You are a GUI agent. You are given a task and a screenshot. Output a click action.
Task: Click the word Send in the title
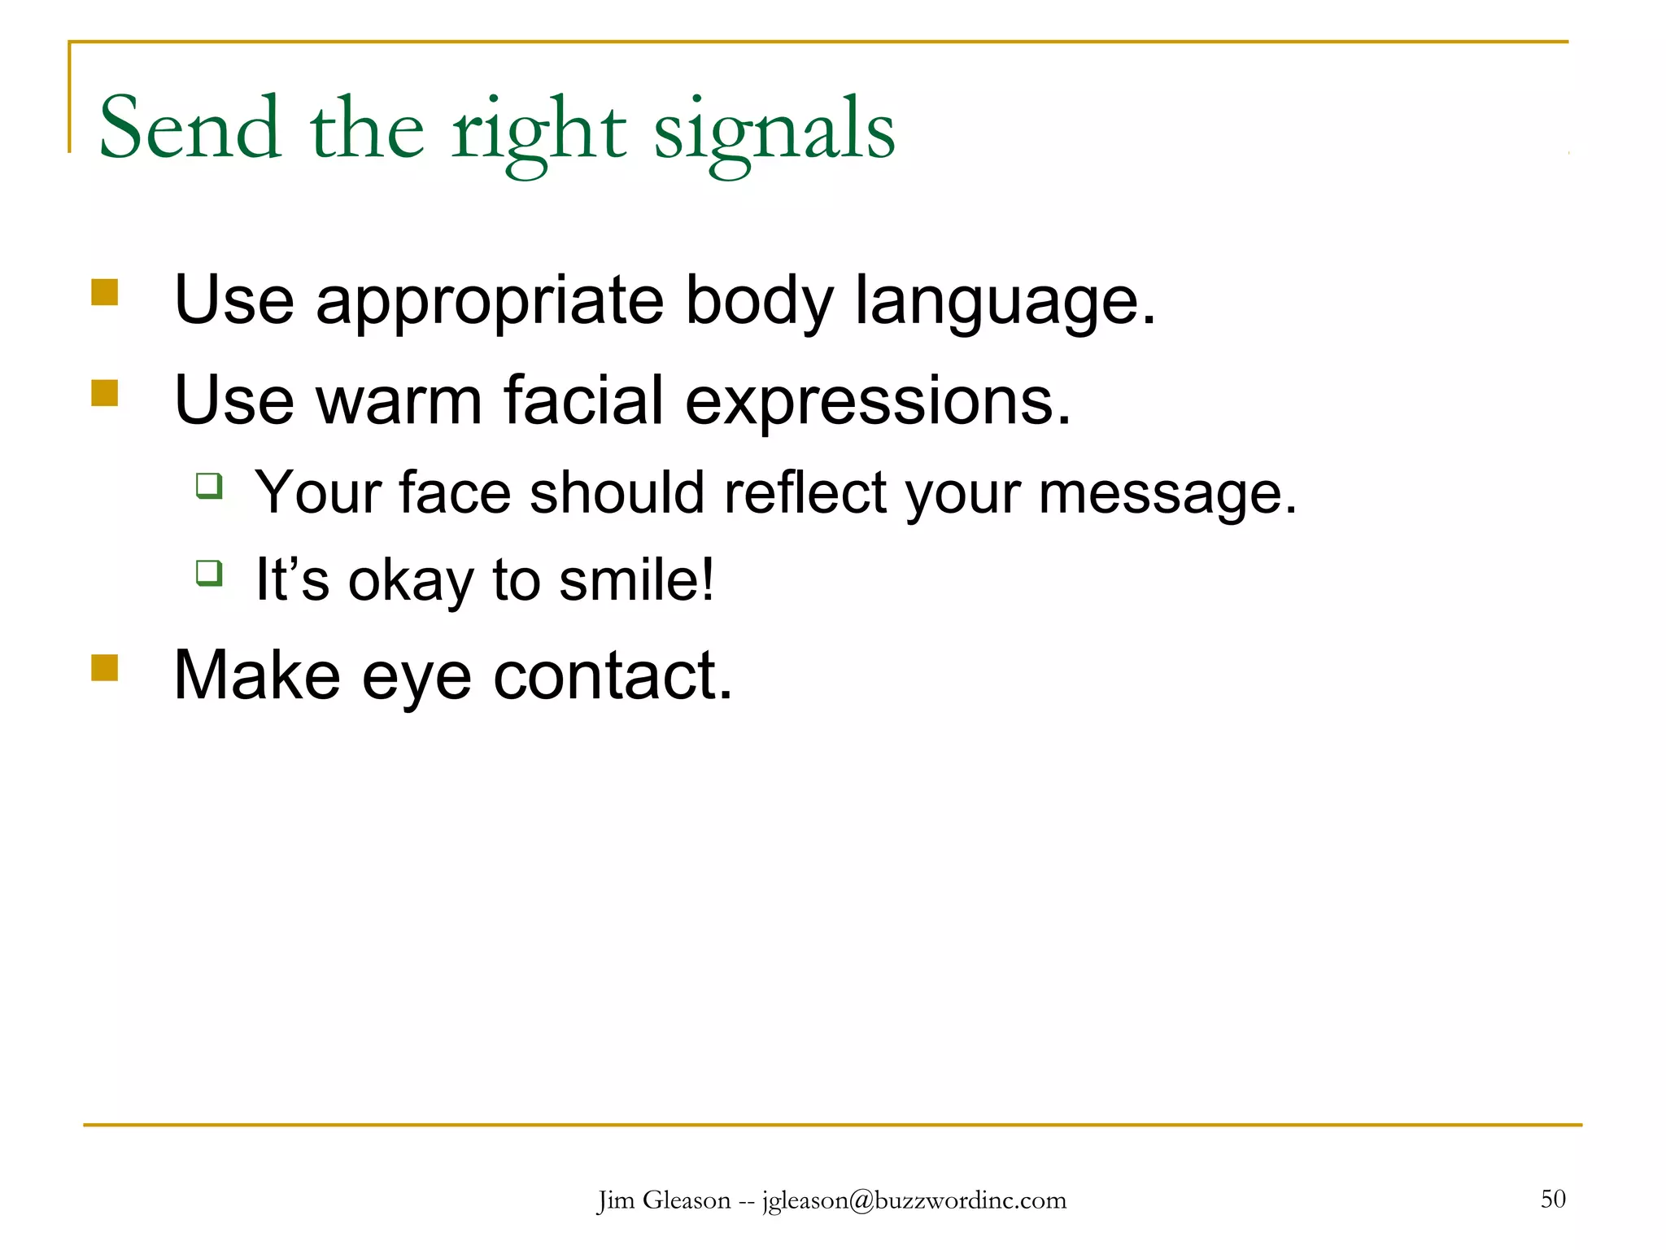pyautogui.click(x=189, y=129)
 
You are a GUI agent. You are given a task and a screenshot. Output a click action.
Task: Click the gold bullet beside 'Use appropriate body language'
pyautogui.click(x=105, y=292)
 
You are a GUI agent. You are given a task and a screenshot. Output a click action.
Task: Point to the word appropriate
pyautogui.click(x=490, y=302)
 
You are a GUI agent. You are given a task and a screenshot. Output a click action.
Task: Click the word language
pyautogui.click(x=1004, y=302)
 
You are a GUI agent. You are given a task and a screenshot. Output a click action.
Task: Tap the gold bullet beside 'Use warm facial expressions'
pyautogui.click(x=105, y=393)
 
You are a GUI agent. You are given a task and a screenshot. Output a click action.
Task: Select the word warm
pyautogui.click(x=399, y=400)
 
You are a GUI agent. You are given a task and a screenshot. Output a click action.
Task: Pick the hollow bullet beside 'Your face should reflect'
pyautogui.click(x=209, y=486)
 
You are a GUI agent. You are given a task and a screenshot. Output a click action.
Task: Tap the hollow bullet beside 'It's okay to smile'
pyautogui.click(x=209, y=572)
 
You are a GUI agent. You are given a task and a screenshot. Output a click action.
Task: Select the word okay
pyautogui.click(x=410, y=581)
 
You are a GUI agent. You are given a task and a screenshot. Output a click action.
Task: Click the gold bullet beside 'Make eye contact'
pyautogui.click(x=105, y=668)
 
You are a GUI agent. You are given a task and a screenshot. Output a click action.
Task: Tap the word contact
pyautogui.click(x=612, y=675)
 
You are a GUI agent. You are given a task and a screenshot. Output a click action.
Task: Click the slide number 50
pyautogui.click(x=1553, y=1199)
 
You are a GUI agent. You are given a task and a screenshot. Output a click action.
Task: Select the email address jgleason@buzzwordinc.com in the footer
pyautogui.click(x=914, y=1200)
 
